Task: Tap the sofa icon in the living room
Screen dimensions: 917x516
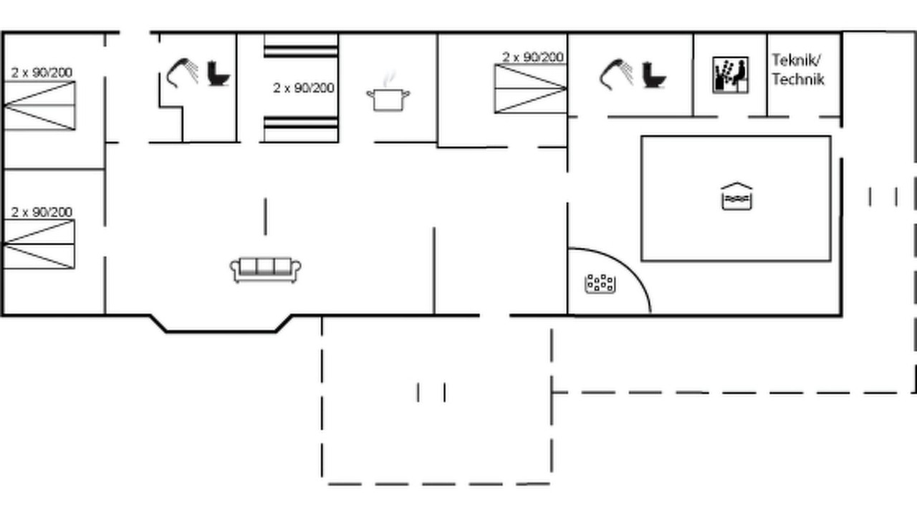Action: (x=265, y=270)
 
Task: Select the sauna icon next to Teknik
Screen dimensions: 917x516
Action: (x=730, y=75)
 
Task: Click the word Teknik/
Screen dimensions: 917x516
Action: (x=796, y=61)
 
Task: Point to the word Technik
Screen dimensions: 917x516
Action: (x=798, y=80)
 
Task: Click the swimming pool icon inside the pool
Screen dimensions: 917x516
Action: (x=736, y=196)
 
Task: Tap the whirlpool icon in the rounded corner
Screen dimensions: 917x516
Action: (x=600, y=283)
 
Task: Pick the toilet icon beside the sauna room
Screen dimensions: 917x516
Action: (x=654, y=75)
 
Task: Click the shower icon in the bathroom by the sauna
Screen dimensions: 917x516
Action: (x=617, y=74)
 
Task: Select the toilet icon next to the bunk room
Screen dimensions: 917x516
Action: (x=219, y=74)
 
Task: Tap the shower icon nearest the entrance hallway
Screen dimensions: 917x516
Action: (x=183, y=73)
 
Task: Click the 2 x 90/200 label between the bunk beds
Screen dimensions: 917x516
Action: (x=303, y=87)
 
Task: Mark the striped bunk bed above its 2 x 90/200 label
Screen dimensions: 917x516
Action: (x=301, y=46)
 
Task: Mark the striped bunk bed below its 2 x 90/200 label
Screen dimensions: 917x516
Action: (x=301, y=130)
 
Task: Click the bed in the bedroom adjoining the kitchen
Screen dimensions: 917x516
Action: (x=531, y=88)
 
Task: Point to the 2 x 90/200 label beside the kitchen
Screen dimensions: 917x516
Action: (x=532, y=57)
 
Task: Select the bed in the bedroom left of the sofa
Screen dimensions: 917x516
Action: (x=39, y=244)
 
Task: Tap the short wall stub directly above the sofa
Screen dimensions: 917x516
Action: (x=265, y=216)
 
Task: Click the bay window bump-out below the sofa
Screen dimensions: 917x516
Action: (x=221, y=331)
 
